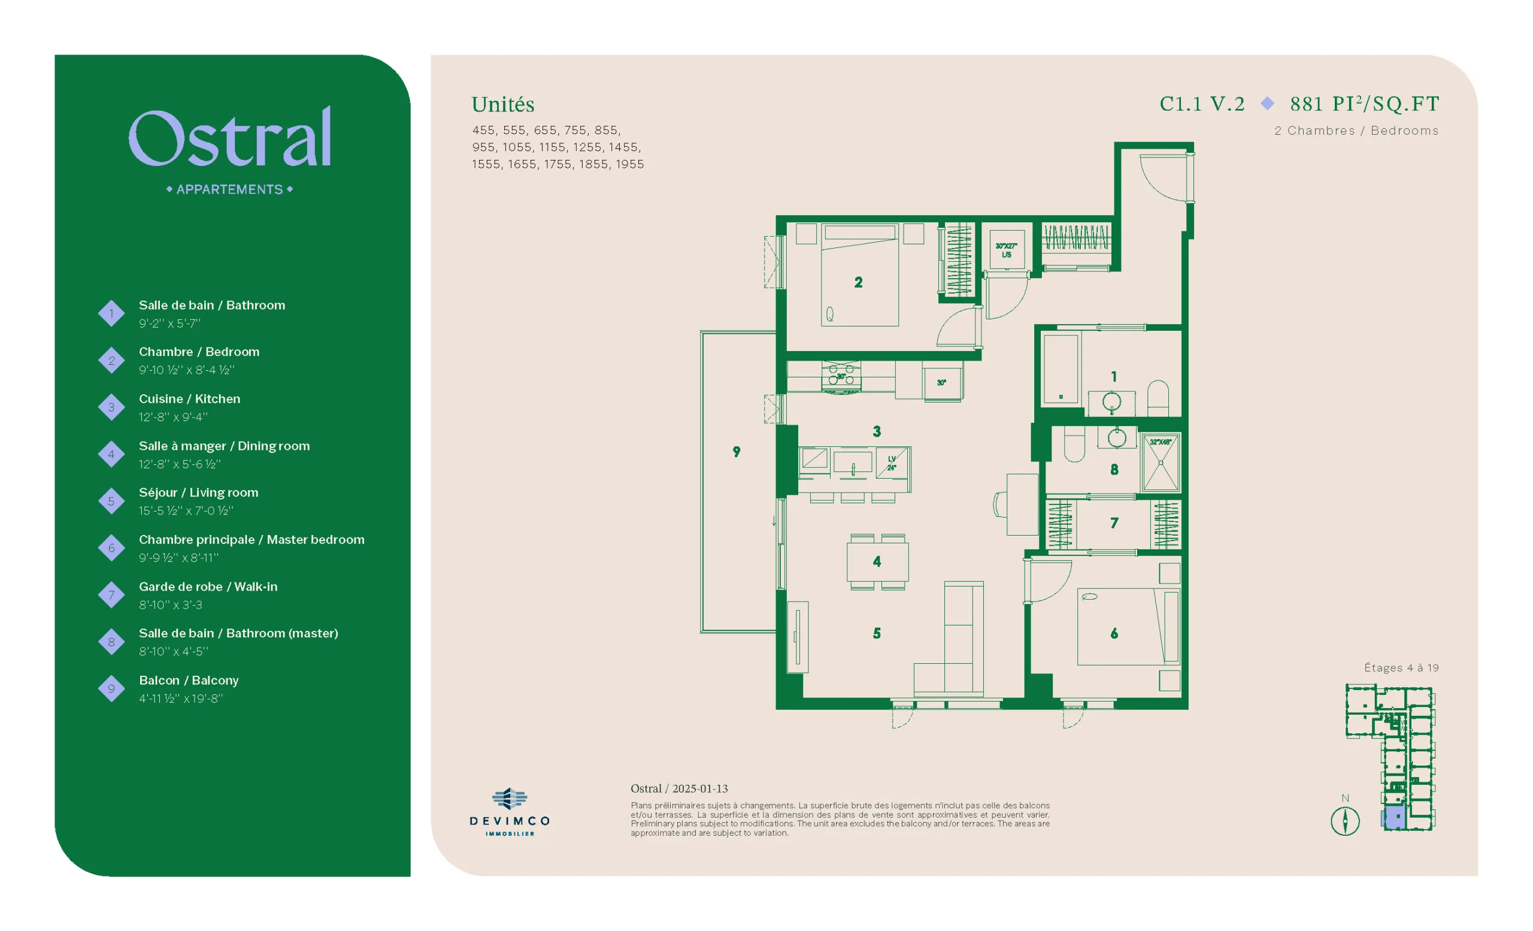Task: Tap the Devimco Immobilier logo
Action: coord(510,812)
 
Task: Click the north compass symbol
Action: coord(1344,820)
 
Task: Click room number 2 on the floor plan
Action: coord(858,283)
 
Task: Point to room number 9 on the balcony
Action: coord(737,452)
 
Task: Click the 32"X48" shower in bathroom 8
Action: coord(1161,464)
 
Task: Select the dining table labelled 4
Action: coord(877,562)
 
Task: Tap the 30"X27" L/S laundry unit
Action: coord(1007,250)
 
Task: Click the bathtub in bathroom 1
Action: coord(1061,370)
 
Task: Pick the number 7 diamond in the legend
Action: coord(111,595)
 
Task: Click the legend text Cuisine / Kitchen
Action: coord(189,399)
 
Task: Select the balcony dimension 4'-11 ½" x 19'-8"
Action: coord(180,699)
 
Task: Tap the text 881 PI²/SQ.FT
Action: coord(1364,103)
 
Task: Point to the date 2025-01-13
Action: coord(700,788)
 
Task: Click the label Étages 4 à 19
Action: coord(1401,668)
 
